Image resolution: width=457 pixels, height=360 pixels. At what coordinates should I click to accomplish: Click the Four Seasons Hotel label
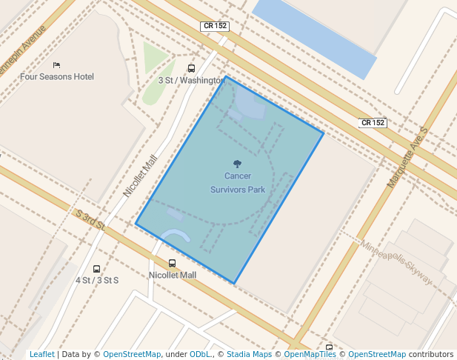[x=57, y=76]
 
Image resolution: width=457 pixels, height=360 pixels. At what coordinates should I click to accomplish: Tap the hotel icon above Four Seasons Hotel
[x=56, y=65]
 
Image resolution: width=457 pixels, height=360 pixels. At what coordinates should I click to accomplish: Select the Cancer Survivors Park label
[x=237, y=183]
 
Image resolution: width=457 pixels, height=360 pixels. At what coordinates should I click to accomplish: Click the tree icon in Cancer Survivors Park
[x=237, y=164]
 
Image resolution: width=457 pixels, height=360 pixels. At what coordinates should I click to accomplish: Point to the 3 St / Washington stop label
[x=190, y=80]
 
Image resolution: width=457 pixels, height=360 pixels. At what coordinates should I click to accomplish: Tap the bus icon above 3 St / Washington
[x=192, y=68]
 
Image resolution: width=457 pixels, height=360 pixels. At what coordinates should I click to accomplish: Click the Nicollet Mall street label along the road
[x=141, y=176]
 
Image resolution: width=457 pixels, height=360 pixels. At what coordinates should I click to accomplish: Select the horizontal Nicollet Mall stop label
[x=173, y=275]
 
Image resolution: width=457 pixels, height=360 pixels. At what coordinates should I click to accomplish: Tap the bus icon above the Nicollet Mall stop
[x=173, y=263]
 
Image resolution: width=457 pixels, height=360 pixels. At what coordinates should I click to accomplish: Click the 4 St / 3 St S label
[x=97, y=281]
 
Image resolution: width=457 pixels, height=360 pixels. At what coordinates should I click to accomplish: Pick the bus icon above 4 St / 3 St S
[x=96, y=269]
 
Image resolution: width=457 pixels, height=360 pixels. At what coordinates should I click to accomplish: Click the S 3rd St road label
[x=91, y=221]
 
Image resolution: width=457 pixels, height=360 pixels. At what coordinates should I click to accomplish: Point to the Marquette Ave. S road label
[x=407, y=156]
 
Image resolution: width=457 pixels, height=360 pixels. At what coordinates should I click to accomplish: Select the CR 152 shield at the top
[x=215, y=26]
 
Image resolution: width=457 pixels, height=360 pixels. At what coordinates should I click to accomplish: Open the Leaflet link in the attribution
[x=41, y=354]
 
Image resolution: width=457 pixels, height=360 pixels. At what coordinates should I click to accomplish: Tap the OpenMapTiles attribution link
[x=310, y=354]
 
